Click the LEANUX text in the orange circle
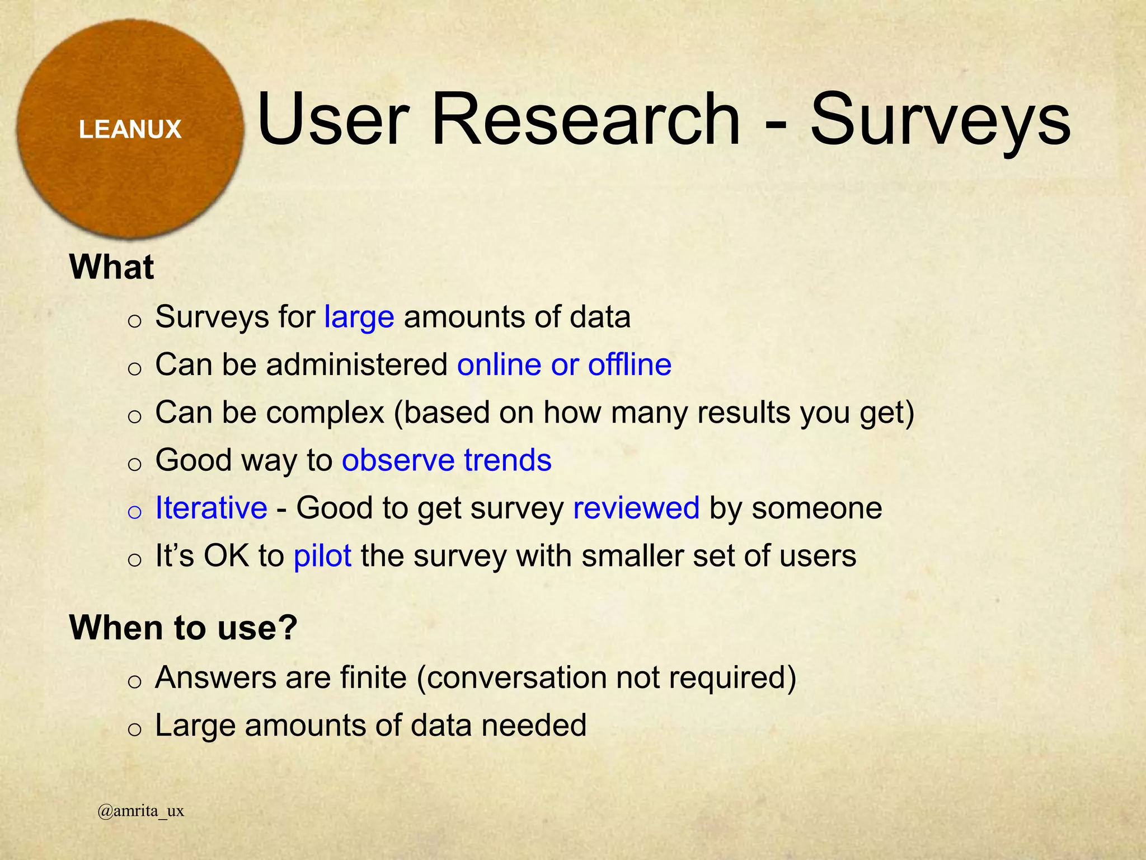point(130,129)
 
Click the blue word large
point(359,317)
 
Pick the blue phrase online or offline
point(564,365)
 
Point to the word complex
point(325,413)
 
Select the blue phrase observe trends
point(447,460)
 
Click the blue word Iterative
point(211,508)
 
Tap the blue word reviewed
point(636,508)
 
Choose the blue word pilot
point(322,556)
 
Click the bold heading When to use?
point(183,627)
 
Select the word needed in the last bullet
point(534,726)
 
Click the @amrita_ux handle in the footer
point(140,811)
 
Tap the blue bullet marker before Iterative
point(134,512)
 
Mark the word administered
point(357,365)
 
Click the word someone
point(816,508)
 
